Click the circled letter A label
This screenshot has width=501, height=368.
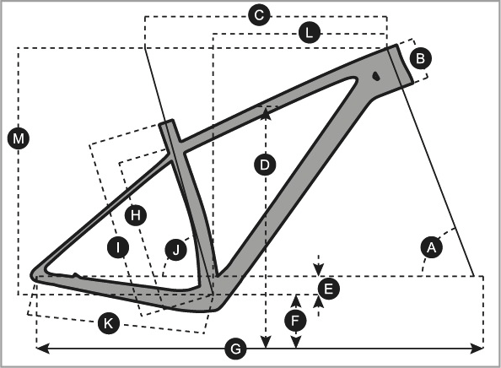point(432,247)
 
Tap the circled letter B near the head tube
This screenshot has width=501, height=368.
point(421,58)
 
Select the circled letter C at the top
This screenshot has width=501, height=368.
point(260,15)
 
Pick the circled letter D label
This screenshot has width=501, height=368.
point(265,165)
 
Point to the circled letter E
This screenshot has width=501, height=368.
point(328,289)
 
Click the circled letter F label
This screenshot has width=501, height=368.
point(295,321)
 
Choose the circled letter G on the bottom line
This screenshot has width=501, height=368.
point(236,349)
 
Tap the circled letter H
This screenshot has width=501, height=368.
point(136,215)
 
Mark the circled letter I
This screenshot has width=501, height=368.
point(118,247)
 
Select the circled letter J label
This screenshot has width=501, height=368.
point(176,250)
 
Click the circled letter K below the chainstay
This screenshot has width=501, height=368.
point(109,323)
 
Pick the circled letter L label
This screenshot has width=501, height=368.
point(310,33)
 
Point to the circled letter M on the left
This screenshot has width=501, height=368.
point(19,138)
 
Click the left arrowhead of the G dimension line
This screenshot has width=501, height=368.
point(42,348)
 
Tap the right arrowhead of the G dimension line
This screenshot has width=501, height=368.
point(477,348)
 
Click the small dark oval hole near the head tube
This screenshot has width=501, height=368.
point(376,76)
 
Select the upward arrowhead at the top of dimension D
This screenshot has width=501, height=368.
point(266,113)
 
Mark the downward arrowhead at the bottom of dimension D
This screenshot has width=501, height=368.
point(266,342)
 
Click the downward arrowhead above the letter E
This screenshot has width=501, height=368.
point(318,269)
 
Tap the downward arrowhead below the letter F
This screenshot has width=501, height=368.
point(296,342)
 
